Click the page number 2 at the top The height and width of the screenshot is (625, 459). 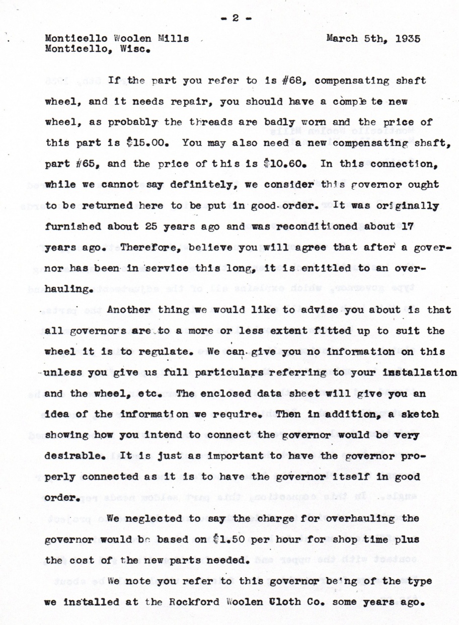tap(235, 18)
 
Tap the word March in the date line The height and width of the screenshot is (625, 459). tap(344, 39)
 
